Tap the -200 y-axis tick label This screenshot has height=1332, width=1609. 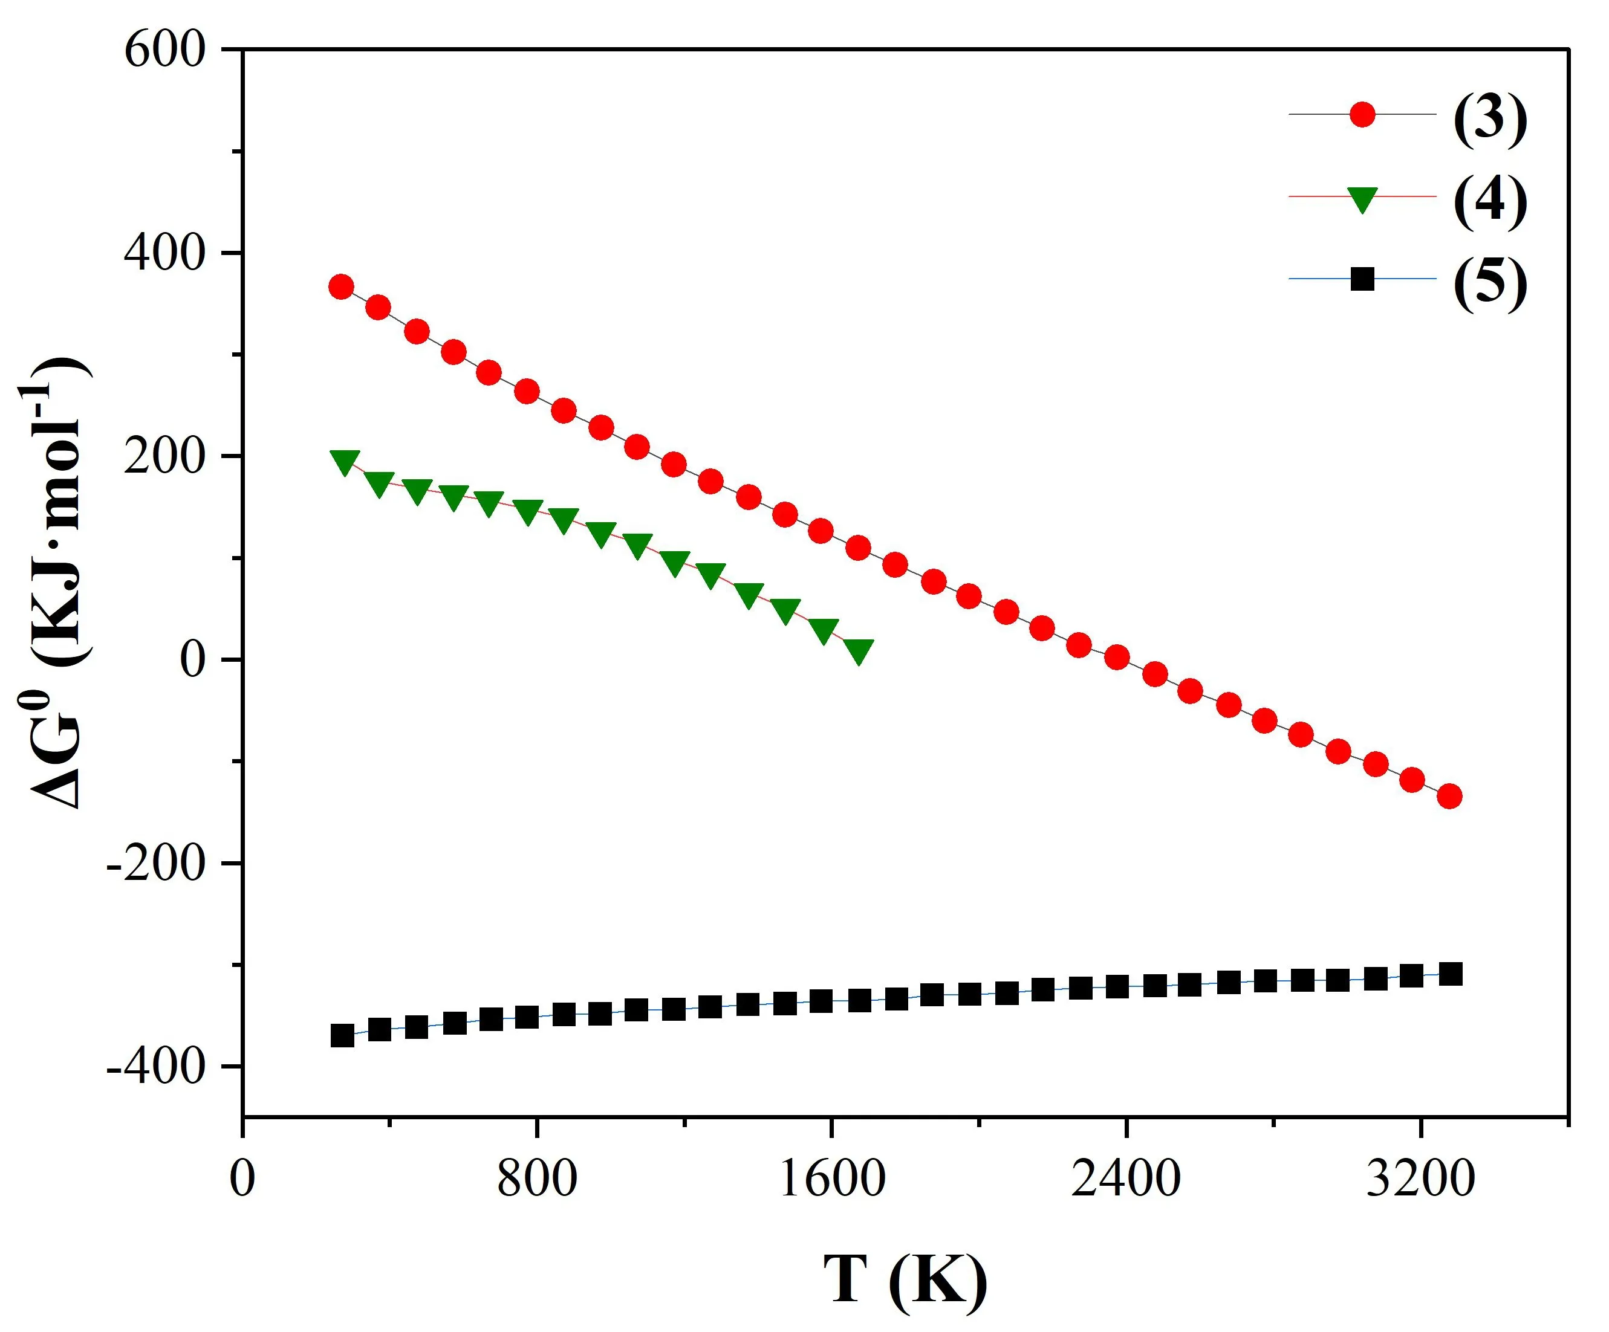click(157, 863)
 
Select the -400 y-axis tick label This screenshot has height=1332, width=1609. click(157, 1066)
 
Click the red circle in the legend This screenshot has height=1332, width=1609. click(1362, 115)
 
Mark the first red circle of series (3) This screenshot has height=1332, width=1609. click(341, 287)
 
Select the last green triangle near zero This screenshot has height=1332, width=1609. click(859, 650)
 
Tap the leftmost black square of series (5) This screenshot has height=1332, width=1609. click(342, 1036)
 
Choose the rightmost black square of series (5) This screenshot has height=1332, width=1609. click(1451, 974)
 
